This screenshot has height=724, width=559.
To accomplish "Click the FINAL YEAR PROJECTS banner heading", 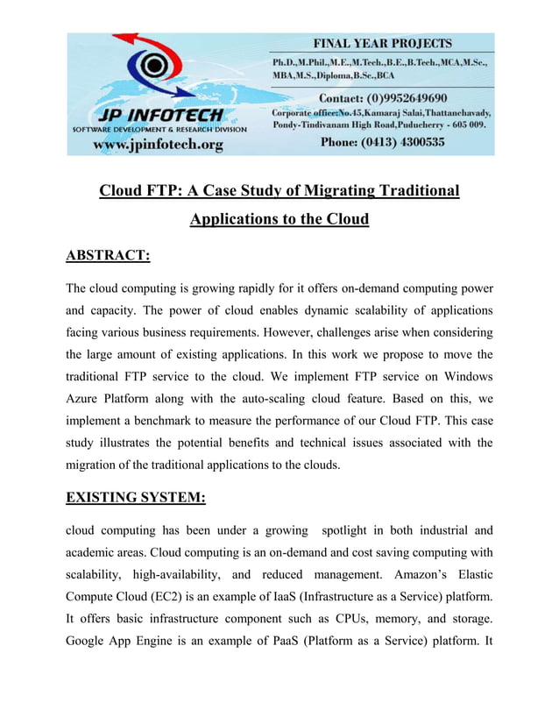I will pos(385,43).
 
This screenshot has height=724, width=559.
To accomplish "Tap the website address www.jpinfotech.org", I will pos(159,144).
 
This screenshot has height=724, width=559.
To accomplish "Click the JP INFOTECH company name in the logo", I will pos(159,116).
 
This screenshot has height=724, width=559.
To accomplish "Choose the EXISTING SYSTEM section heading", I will pos(136,498).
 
